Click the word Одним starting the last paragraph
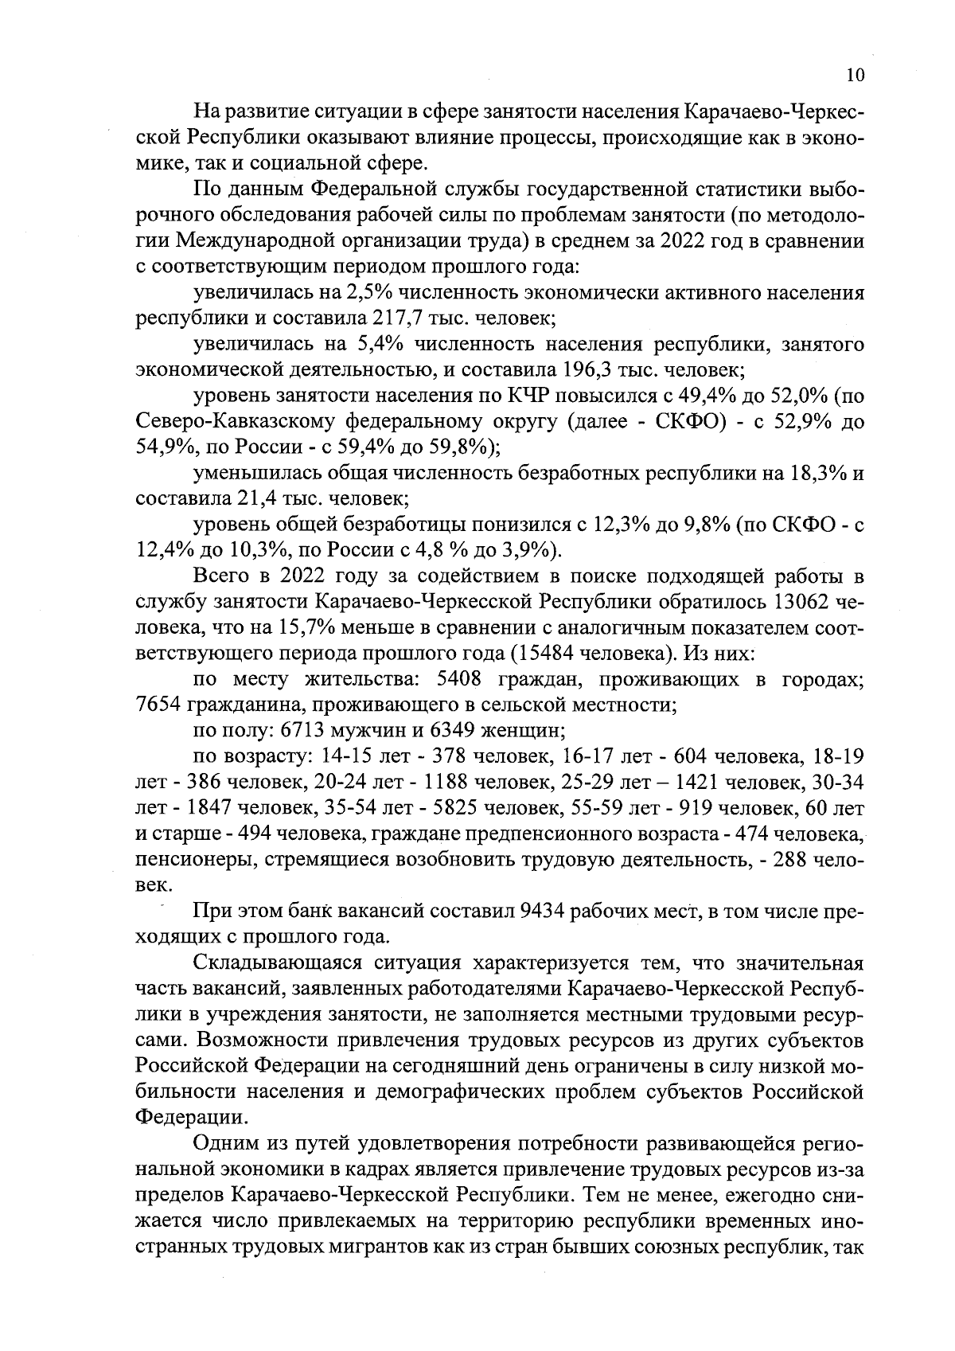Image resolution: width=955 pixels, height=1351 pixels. click(x=224, y=1142)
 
